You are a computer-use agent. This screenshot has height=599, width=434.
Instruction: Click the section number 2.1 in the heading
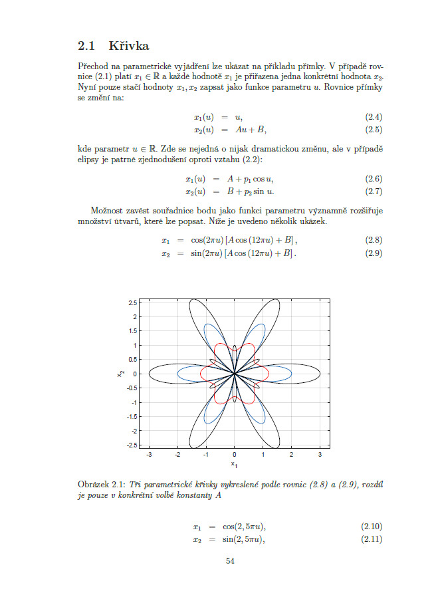[x=87, y=47]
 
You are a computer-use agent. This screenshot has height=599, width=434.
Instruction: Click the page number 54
[x=230, y=561]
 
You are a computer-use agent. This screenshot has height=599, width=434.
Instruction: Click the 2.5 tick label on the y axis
[x=133, y=302]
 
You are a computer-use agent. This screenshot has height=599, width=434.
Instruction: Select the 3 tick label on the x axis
[x=320, y=454]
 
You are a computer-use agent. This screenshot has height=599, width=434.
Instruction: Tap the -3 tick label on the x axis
[x=148, y=454]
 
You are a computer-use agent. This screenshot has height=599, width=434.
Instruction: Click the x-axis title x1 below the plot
[x=234, y=463]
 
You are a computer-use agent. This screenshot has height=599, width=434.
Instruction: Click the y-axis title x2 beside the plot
[x=120, y=374]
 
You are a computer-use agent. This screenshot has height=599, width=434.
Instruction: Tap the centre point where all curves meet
[x=235, y=374]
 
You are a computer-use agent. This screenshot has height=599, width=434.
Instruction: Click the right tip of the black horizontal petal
[x=320, y=374]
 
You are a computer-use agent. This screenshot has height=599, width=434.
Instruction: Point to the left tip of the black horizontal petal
[x=149, y=374]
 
